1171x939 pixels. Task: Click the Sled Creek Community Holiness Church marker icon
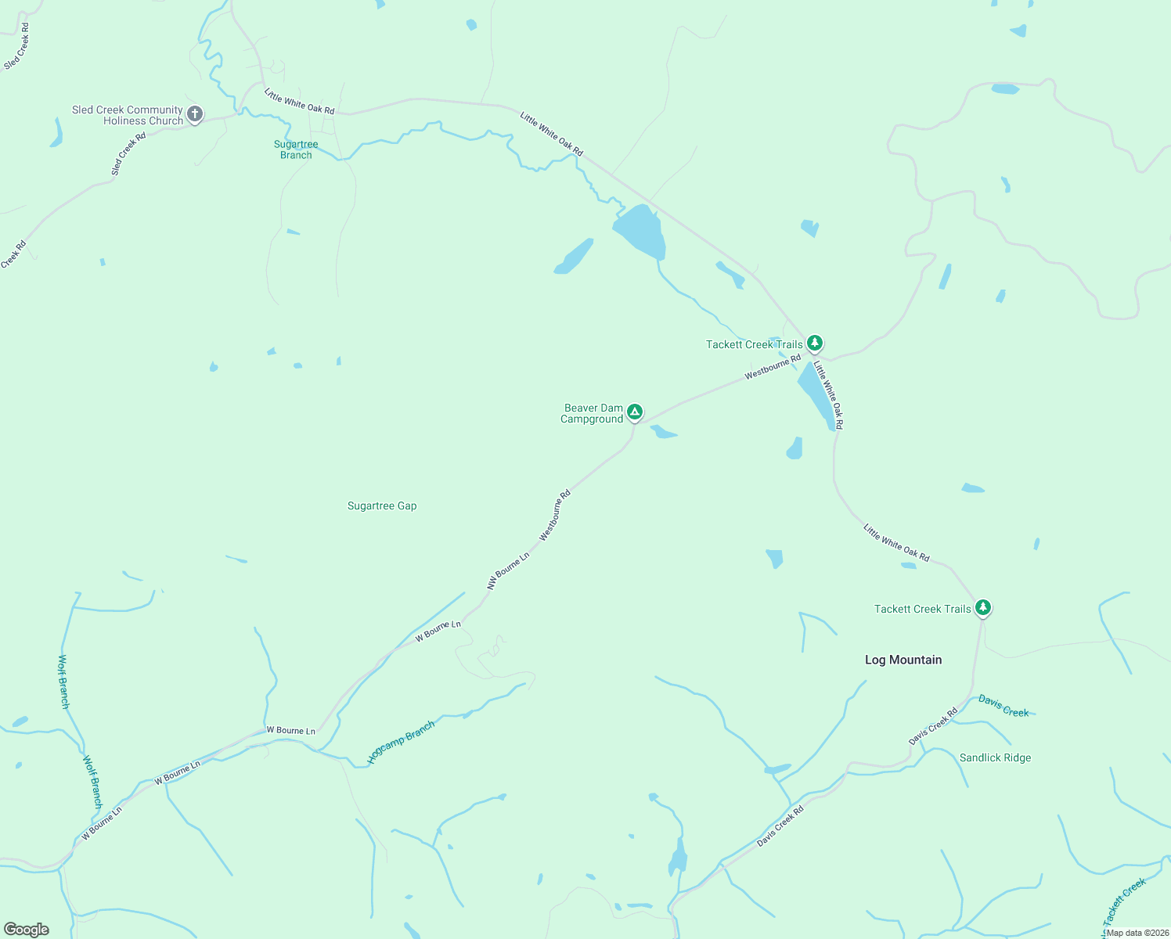tap(195, 114)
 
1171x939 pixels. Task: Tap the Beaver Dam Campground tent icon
tap(635, 412)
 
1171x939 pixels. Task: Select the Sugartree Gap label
tap(382, 506)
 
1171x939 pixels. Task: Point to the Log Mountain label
tap(903, 660)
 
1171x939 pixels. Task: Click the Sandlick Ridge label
tap(995, 757)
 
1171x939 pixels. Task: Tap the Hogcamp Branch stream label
tap(401, 743)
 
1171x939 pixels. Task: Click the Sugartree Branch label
tap(296, 149)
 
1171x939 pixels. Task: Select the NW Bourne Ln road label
tap(508, 570)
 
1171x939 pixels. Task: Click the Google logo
tap(27, 930)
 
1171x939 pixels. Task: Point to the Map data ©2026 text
tap(1137, 933)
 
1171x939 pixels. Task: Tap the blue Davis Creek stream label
tap(1003, 706)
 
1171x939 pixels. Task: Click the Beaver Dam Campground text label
tap(593, 413)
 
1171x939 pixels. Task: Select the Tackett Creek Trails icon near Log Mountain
tap(983, 607)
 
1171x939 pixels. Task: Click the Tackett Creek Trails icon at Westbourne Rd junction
tap(815, 343)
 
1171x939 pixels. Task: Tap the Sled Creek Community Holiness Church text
tap(128, 115)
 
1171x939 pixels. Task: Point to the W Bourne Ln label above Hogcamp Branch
tap(290, 731)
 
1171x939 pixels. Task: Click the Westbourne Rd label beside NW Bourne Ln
tap(555, 516)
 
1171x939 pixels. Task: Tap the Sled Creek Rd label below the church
tap(128, 153)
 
